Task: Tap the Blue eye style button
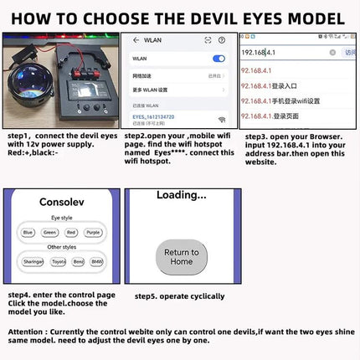pos(28,232)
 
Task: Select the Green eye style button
pos(50,232)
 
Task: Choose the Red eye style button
pos(72,232)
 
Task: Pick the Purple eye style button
pos(93,232)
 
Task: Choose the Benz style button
pos(78,261)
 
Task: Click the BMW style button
pos(97,261)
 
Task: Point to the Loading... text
pos(181,195)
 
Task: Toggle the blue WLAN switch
pos(219,59)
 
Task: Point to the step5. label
pos(151,296)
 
